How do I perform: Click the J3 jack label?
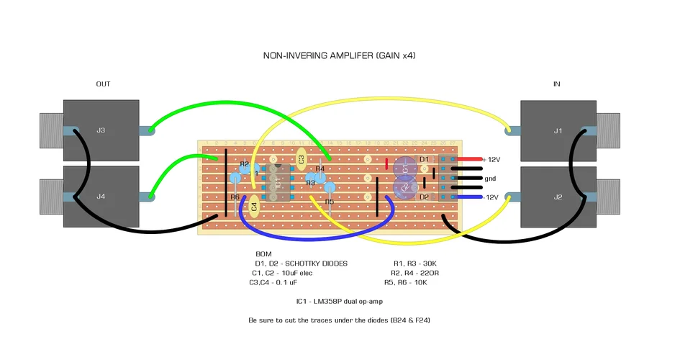(101, 130)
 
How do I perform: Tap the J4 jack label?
(101, 197)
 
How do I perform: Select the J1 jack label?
(558, 130)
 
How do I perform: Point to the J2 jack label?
(558, 197)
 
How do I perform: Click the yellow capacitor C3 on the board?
(302, 158)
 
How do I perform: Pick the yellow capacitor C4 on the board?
(254, 207)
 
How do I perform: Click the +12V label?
(491, 159)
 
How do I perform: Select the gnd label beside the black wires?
(490, 178)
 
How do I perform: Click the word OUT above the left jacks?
(104, 84)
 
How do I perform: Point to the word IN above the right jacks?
(556, 84)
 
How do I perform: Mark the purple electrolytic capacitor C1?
(404, 168)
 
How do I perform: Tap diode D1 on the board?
(425, 159)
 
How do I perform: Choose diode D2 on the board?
(425, 197)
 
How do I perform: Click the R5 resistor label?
(330, 202)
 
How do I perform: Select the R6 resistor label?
(235, 197)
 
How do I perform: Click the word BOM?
(264, 254)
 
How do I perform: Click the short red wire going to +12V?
(468, 159)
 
